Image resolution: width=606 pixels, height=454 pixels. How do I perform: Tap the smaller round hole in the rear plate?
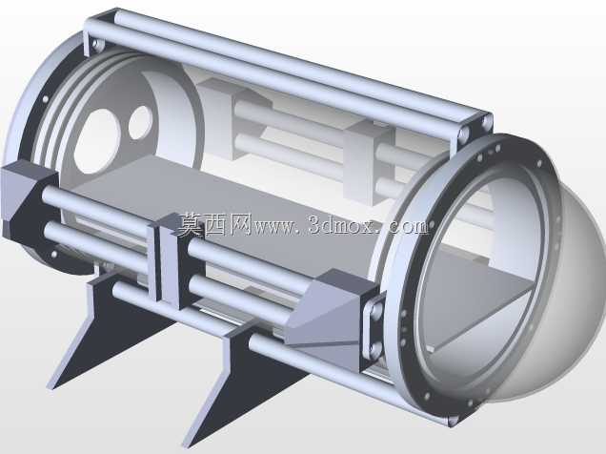(140, 122)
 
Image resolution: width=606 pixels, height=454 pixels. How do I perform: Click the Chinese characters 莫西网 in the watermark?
(215, 224)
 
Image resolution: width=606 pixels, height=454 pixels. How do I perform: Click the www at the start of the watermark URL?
(274, 227)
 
